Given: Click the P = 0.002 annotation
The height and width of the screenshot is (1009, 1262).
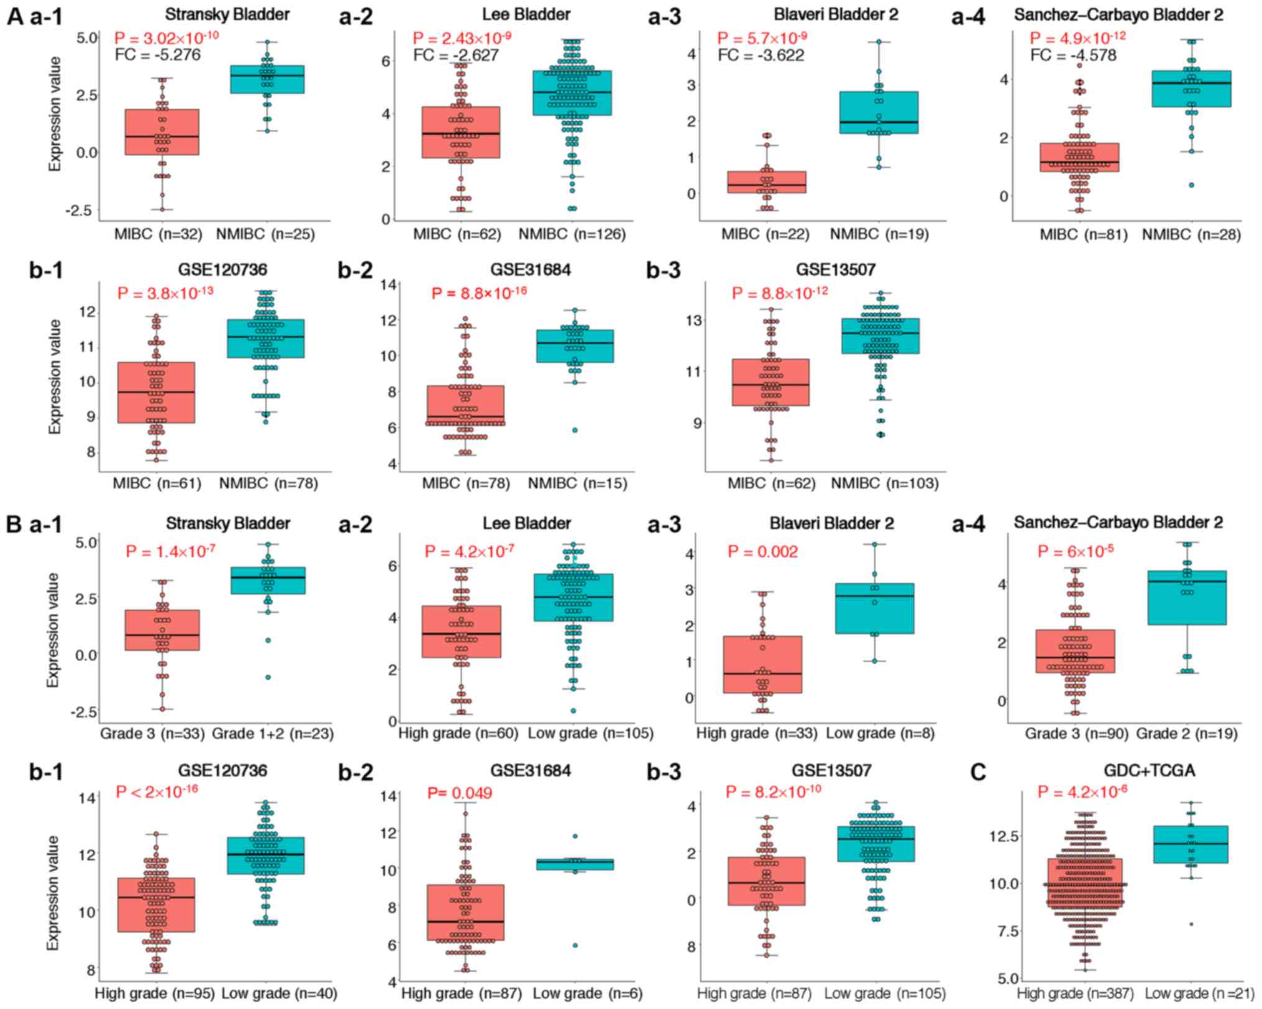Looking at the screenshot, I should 762,552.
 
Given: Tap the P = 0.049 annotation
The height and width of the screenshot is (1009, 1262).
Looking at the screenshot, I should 460,793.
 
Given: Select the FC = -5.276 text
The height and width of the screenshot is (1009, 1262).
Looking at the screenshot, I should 158,55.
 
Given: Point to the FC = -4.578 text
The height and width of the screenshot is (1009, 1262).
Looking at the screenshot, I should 1073,55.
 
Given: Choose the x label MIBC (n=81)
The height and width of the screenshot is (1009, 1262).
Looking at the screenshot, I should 1084,234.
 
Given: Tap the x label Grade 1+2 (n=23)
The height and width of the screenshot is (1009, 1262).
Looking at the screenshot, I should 273,734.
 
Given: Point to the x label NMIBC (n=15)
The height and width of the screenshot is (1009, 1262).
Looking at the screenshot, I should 577,483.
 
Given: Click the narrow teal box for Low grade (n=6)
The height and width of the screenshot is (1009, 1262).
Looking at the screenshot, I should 575,864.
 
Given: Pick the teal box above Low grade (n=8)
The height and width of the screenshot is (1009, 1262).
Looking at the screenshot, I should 875,608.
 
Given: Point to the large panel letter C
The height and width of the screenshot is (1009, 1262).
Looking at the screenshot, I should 977,772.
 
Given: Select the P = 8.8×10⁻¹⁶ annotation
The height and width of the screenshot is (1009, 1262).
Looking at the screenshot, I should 479,293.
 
